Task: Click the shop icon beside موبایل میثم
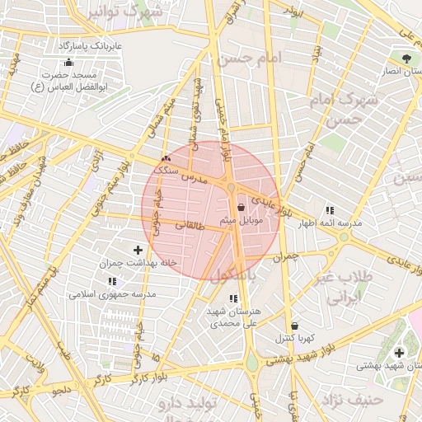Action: (241, 208)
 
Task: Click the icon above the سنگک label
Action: (166, 157)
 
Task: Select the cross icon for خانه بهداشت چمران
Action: (138, 249)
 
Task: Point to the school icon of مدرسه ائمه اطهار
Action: (330, 210)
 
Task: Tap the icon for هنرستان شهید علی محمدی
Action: (233, 298)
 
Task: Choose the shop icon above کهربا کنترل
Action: (294, 326)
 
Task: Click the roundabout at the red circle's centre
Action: (230, 190)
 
